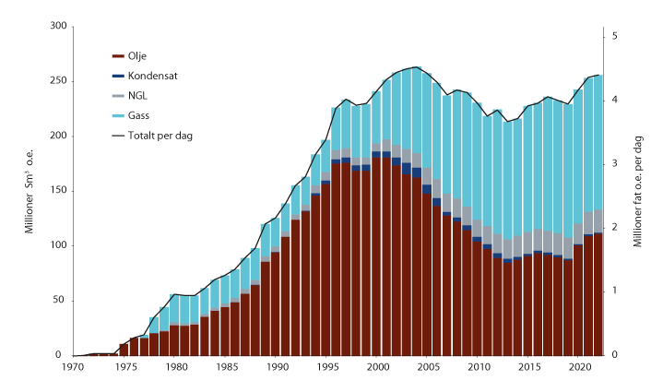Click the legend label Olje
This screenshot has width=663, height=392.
point(136,57)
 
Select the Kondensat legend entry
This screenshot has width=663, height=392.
point(149,77)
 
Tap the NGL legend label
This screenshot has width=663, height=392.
point(137,96)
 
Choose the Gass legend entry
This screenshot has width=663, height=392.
point(138,115)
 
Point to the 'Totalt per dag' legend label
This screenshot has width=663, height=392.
point(160,135)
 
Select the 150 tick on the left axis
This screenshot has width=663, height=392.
point(57,191)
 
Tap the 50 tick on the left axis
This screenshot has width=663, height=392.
point(60,301)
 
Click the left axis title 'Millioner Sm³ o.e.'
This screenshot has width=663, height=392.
point(30,191)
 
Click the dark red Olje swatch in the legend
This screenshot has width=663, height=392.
point(117,57)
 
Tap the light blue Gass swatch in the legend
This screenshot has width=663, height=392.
point(117,115)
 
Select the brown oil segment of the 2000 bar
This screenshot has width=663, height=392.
point(376,258)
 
